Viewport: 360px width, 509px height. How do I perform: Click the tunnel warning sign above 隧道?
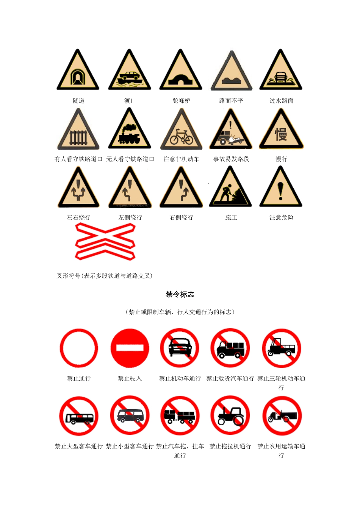click(78, 70)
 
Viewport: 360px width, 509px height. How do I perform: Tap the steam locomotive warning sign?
click(129, 129)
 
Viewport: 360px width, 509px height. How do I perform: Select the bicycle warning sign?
click(181, 129)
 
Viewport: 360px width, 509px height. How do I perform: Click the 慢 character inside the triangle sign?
click(281, 134)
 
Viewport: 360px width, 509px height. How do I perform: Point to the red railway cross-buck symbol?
click(105, 241)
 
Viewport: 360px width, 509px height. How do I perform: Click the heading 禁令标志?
click(180, 295)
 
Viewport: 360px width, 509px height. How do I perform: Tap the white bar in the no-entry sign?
click(130, 348)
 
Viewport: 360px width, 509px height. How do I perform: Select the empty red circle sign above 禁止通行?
click(79, 348)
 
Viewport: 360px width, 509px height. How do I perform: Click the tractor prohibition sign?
click(230, 416)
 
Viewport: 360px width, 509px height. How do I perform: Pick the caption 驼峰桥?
click(181, 101)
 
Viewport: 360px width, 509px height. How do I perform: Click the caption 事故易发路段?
click(231, 159)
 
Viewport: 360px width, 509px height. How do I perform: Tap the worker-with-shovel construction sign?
click(230, 187)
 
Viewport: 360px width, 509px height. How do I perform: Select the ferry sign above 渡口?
click(129, 70)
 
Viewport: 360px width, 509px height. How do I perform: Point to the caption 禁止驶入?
click(130, 378)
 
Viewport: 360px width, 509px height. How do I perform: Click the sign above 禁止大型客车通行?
click(79, 416)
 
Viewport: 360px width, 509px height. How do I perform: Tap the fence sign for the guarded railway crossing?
click(78, 129)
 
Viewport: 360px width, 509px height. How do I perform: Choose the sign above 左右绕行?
click(78, 187)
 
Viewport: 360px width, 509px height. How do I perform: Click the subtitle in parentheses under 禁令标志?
click(180, 312)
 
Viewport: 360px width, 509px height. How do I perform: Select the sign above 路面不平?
click(231, 71)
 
